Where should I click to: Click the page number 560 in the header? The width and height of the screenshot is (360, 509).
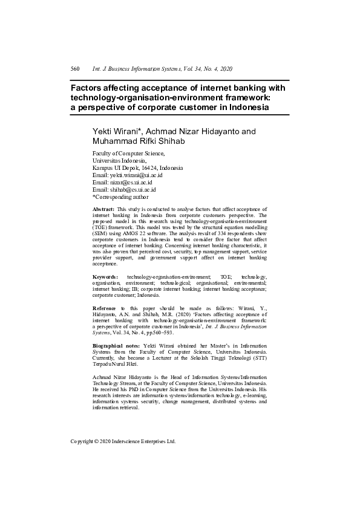[x=76, y=70]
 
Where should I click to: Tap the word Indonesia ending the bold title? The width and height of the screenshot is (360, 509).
[x=247, y=107]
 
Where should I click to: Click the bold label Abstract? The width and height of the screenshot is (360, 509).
[x=103, y=209]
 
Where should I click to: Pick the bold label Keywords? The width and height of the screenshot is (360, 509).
[x=105, y=276]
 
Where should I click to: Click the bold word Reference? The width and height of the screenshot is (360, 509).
[x=105, y=308]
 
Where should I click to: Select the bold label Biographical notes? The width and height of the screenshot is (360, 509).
[x=117, y=345]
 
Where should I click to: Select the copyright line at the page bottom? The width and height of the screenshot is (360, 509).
[x=123, y=441]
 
